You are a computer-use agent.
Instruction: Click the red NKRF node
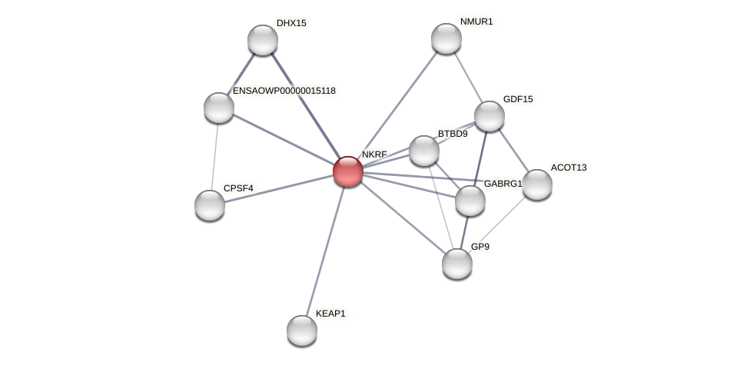point(348,171)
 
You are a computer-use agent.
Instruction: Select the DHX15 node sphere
point(263,40)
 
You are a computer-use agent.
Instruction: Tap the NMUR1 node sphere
point(446,38)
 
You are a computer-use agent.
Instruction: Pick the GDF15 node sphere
point(489,116)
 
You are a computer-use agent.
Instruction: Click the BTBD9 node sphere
point(424,151)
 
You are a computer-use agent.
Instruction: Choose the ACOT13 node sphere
point(537,184)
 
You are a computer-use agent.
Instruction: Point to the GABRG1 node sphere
point(470,201)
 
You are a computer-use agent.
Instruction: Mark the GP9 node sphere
point(457,264)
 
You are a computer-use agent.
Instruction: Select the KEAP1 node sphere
point(302,330)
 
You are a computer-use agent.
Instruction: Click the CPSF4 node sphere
point(210,205)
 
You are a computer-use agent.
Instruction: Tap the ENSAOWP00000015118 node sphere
point(219,108)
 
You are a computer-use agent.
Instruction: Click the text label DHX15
point(291,23)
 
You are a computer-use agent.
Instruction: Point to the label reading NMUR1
point(476,22)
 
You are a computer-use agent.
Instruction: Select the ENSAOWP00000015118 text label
point(284,91)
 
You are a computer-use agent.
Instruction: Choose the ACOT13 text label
point(569,168)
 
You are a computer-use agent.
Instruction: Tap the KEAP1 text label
point(330,314)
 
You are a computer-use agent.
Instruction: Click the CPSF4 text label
point(238,188)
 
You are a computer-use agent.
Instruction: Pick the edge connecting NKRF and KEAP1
point(325,251)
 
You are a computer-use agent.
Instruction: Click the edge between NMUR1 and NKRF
point(397,105)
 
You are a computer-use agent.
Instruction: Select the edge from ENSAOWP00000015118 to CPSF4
point(214,156)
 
